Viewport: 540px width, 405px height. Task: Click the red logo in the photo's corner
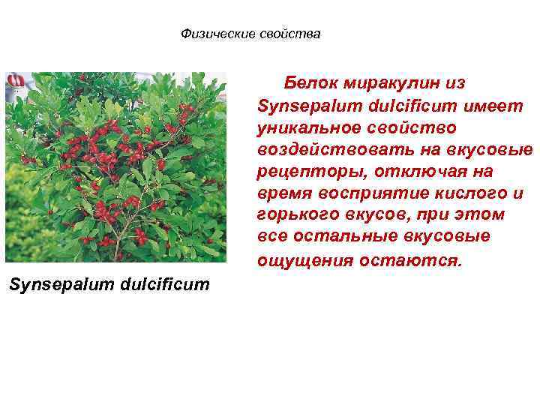[16, 80]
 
